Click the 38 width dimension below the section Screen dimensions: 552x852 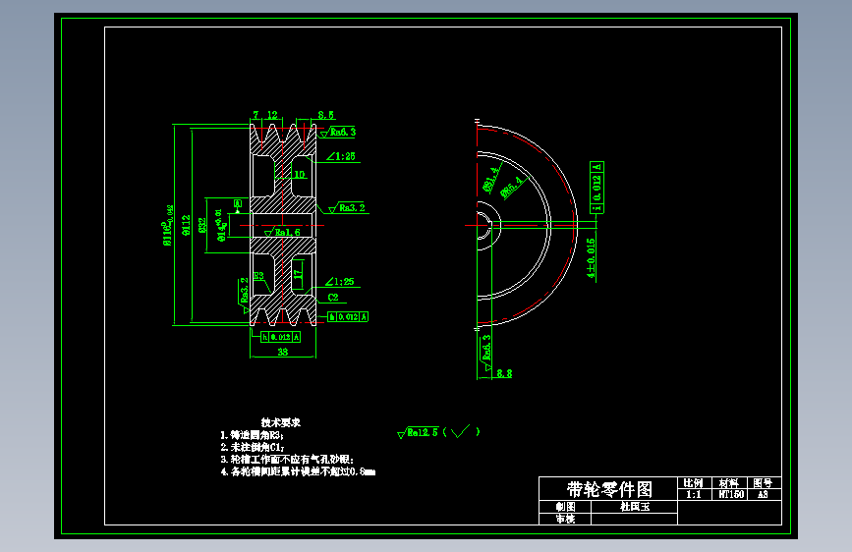click(x=283, y=351)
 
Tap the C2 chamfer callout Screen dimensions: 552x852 click(x=333, y=296)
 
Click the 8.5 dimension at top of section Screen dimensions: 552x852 click(x=325, y=115)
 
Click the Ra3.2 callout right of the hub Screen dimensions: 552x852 click(x=351, y=208)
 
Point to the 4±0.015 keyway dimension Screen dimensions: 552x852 click(x=592, y=258)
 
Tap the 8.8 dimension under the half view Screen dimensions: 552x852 click(x=504, y=373)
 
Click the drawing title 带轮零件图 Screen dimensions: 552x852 click(x=609, y=489)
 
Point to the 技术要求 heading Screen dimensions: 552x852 click(x=280, y=422)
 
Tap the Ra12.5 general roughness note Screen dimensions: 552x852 click(x=424, y=432)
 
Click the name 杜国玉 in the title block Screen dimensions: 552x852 click(x=634, y=507)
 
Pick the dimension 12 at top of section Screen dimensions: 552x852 click(x=272, y=115)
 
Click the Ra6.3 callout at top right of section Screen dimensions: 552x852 click(x=340, y=131)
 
